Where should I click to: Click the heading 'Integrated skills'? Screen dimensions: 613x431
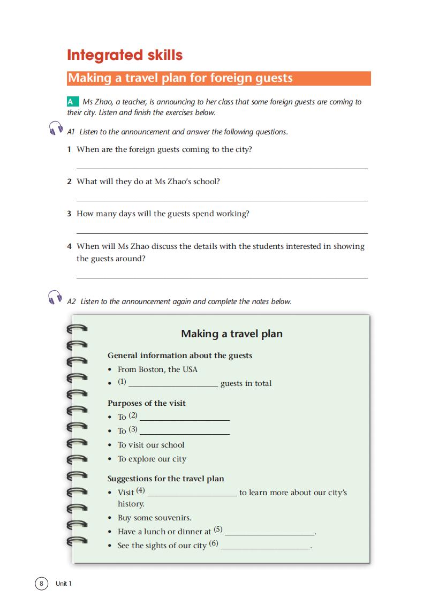(125, 55)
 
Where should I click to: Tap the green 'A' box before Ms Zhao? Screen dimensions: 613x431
(70, 102)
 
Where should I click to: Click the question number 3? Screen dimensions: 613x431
(69, 214)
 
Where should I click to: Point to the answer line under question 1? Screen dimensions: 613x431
(222, 168)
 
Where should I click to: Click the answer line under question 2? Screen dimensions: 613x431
(222, 200)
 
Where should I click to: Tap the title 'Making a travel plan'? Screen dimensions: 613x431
(232, 334)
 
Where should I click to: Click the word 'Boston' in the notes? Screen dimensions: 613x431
(152, 369)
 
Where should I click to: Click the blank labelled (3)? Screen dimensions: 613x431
(184, 433)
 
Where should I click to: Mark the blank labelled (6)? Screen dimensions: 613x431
(266, 548)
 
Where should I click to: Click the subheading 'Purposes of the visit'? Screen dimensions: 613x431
(147, 403)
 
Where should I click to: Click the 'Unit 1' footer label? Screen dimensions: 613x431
(63, 584)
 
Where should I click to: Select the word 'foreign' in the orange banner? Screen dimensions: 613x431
(232, 78)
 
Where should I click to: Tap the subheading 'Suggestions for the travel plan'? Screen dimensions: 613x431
(166, 479)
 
